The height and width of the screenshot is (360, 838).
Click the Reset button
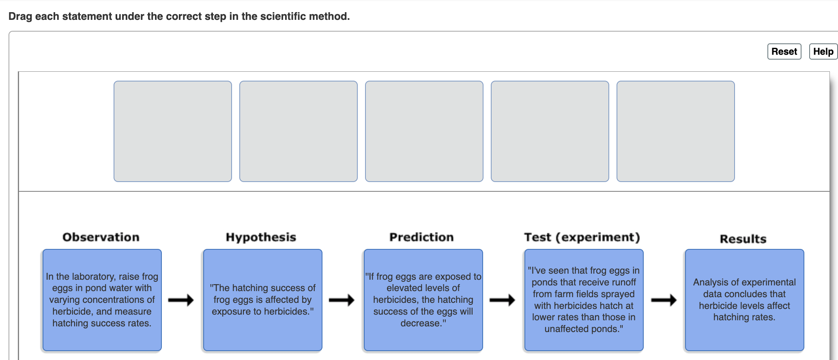click(784, 51)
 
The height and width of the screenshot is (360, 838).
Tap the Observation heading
click(101, 237)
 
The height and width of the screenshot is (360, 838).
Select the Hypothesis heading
click(261, 237)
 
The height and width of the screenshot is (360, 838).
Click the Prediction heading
click(421, 237)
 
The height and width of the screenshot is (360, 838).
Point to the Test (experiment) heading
click(582, 237)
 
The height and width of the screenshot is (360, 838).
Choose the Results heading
click(743, 239)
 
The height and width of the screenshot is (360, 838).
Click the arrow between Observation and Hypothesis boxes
click(181, 300)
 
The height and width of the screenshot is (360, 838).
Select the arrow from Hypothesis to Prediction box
click(342, 300)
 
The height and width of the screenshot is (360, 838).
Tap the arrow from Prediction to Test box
click(502, 300)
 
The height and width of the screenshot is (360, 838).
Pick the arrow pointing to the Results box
click(664, 300)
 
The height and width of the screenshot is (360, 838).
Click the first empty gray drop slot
click(173, 131)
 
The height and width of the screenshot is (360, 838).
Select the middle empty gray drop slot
click(424, 131)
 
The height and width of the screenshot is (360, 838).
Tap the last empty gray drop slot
click(676, 131)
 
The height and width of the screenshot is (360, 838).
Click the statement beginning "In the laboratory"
click(102, 300)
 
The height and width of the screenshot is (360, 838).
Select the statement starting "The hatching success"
click(263, 300)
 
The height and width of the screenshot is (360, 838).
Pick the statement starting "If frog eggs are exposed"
click(423, 300)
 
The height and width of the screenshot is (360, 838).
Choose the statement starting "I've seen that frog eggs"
click(584, 300)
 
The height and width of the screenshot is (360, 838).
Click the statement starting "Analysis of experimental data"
click(745, 300)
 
